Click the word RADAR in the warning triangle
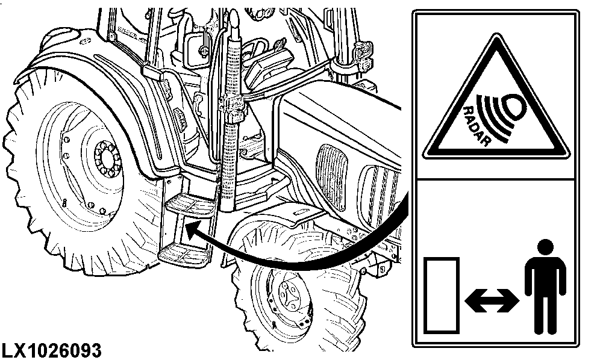477,126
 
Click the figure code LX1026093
52,350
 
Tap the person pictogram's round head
545,247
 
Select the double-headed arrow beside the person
492,300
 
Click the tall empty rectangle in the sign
442,295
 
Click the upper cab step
190,205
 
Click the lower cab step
184,255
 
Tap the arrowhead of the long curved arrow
192,231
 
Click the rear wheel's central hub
107,159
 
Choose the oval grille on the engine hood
331,177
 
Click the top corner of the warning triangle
496,34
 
